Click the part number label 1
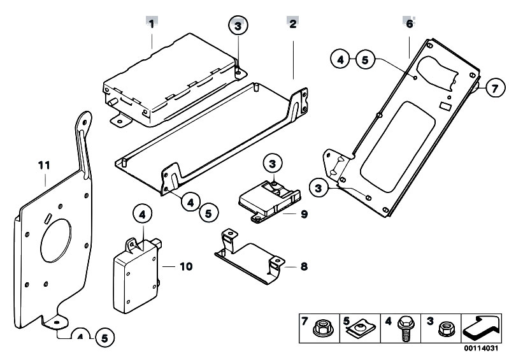pos(151,24)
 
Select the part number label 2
pos(293,24)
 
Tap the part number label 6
pos(410,24)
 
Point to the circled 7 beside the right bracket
pos(495,88)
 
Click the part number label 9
pos(304,214)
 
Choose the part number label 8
pos(304,266)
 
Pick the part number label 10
pos(186,266)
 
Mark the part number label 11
pos(44,166)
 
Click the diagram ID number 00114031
pos(481,349)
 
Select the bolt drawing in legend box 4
pos(404,329)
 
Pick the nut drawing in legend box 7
pos(321,328)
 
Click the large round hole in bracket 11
pos(55,240)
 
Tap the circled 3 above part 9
pos(273,164)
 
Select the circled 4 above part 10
pos(143,215)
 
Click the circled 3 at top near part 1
pos(238,25)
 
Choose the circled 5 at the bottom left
pos(104,338)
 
